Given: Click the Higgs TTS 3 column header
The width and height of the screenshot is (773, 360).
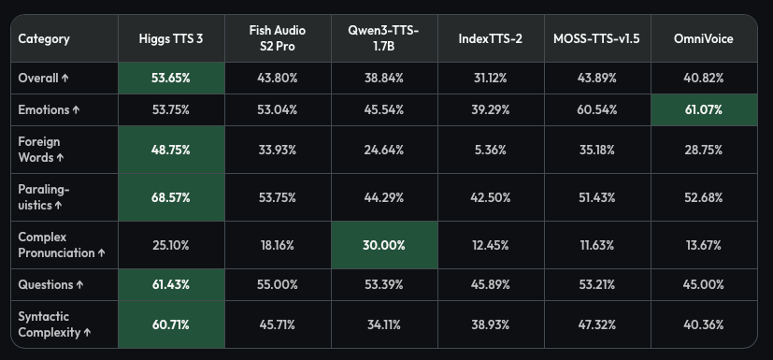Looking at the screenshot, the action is coord(170,39).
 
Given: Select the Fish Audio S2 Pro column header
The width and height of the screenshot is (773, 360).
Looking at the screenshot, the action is coord(278,38).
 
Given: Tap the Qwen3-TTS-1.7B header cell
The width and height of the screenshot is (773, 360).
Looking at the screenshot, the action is coord(383,38).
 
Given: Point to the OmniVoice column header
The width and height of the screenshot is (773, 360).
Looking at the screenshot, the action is coord(704,39).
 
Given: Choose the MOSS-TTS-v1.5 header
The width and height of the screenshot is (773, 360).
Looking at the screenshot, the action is coord(597,39).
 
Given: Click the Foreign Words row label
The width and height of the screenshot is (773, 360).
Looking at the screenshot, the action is coord(41,150).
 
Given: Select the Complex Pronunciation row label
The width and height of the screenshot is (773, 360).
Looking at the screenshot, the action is coord(62,245).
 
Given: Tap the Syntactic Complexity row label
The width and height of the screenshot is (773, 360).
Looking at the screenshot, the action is coord(55,324).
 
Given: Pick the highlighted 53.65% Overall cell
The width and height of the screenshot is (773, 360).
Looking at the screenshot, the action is coord(171,78).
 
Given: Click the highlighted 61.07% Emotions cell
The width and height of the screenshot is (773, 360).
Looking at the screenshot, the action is coord(704,110).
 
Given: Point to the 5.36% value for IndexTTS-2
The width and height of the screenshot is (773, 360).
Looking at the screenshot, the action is coord(491,150).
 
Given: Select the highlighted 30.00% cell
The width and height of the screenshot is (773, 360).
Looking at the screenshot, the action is coord(384,245).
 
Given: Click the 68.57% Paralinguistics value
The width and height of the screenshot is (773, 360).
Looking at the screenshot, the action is coord(171,197).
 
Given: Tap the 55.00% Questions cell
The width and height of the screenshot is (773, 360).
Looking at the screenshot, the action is coord(278,284).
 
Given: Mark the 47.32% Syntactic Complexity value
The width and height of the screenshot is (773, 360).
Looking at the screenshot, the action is coord(597,325).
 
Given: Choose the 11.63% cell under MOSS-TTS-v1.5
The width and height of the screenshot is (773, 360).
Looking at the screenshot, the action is coord(597,245).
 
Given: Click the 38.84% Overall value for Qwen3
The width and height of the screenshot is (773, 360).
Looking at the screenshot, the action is coord(384,78).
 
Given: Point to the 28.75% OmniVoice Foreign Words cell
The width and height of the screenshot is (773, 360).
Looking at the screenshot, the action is coord(704,150).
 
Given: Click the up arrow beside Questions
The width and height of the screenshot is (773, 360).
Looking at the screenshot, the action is coord(79,285).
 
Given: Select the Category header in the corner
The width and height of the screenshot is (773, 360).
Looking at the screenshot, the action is coord(44,39).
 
